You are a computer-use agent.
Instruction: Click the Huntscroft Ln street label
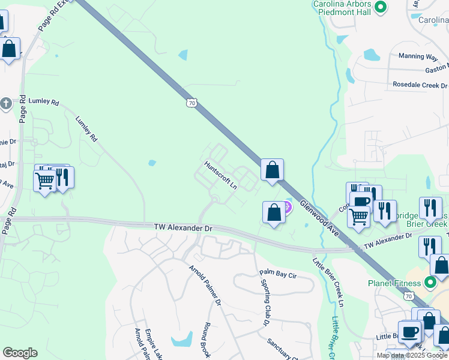(220, 175)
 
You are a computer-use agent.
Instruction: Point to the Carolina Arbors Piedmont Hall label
(342, 8)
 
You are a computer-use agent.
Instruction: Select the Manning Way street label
(418, 56)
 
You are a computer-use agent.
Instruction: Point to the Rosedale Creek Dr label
(420, 85)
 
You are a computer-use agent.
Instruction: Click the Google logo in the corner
(20, 353)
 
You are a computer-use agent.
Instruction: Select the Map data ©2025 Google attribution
(412, 355)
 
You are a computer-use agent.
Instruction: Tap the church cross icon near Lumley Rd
(5, 103)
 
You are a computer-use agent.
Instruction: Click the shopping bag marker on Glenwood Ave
(273, 170)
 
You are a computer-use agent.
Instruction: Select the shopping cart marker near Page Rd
(45, 180)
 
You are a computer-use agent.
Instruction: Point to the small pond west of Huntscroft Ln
(152, 163)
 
